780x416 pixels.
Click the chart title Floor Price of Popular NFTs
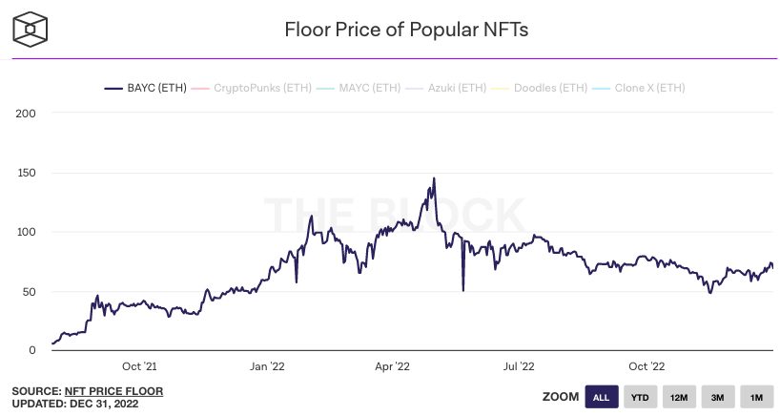pos(406,29)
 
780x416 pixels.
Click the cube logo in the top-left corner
pos(31,29)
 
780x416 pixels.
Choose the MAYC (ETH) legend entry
pos(365,89)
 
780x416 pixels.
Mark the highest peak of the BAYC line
pos(434,178)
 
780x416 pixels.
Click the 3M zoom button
pos(717,397)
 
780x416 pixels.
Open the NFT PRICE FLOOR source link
pos(113,391)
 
